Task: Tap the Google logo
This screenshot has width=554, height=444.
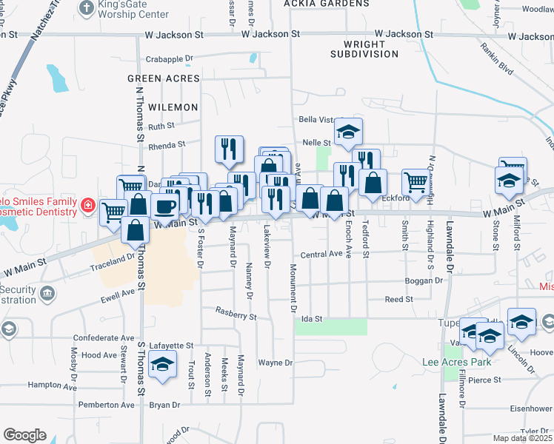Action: pyautogui.click(x=24, y=435)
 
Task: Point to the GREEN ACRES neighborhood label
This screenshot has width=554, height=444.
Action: pyautogui.click(x=163, y=78)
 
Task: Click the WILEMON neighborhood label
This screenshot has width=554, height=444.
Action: pyautogui.click(x=173, y=107)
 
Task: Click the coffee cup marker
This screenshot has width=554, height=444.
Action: pyautogui.click(x=164, y=205)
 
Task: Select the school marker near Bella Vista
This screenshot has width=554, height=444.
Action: pyautogui.click(x=348, y=132)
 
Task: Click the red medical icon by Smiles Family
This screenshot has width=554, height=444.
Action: pyautogui.click(x=87, y=204)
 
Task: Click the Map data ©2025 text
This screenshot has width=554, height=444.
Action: pyautogui.click(x=523, y=438)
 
